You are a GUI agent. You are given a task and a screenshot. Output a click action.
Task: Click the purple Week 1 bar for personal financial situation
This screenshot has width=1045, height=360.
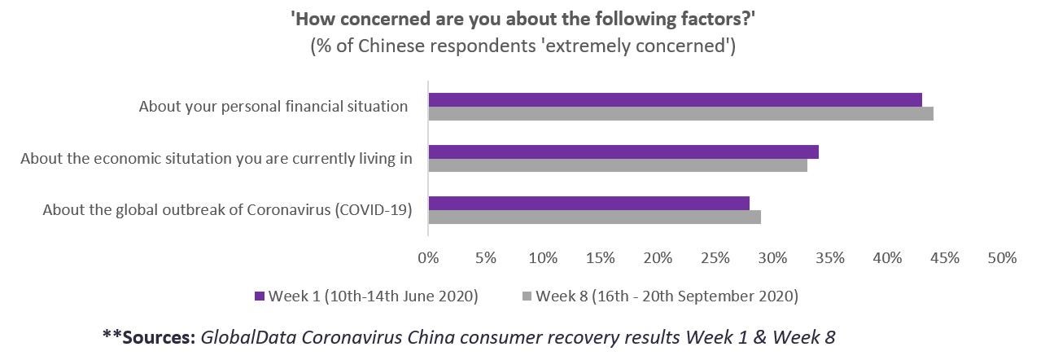675,99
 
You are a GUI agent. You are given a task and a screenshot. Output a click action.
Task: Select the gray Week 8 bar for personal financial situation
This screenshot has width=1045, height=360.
680,113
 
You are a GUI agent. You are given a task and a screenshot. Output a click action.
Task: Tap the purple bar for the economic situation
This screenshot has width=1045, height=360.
623,151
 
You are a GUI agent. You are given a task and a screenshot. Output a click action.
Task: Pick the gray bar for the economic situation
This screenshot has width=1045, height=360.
618,165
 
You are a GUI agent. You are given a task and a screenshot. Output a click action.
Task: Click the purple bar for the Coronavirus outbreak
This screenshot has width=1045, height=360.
588,204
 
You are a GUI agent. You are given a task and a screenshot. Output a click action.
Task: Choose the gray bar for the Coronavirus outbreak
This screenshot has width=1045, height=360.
594,217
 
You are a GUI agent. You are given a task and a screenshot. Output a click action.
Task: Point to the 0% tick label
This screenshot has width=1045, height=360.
428,258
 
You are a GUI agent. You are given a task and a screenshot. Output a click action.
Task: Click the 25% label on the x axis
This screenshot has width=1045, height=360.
715,258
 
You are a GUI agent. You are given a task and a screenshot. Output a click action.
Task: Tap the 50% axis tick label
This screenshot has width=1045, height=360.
1002,258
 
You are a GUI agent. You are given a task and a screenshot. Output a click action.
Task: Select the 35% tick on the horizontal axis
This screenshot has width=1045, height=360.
830,258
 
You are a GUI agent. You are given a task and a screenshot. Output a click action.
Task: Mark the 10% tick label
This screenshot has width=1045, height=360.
543,258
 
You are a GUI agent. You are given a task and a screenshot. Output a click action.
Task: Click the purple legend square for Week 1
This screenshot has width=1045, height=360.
260,296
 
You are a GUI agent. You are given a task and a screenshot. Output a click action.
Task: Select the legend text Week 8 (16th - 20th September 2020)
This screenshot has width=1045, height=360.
667,296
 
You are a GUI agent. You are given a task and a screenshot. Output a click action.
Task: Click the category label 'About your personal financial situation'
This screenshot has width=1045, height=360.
273,107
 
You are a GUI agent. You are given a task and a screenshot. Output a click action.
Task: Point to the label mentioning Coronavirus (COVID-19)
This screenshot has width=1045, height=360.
227,210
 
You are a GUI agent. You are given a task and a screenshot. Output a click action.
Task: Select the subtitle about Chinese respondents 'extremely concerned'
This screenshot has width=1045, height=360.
522,46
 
